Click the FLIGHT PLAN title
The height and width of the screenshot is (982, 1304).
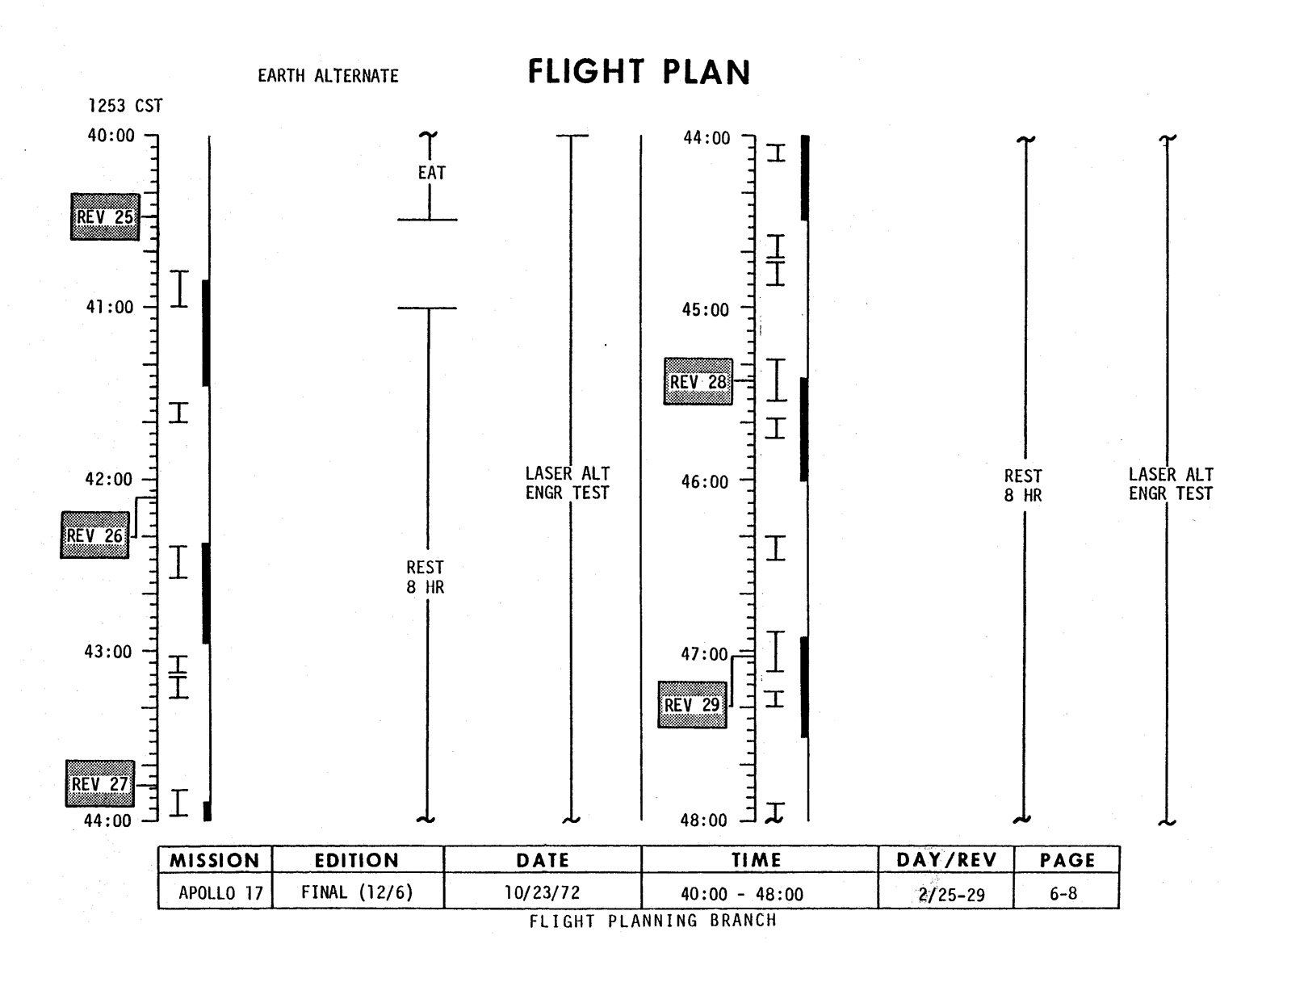pyautogui.click(x=639, y=73)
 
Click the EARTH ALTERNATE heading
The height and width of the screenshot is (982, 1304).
pyautogui.click(x=328, y=76)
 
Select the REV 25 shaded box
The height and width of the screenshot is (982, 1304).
pyautogui.click(x=105, y=217)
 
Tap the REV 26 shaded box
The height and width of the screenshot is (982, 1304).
pyautogui.click(x=94, y=535)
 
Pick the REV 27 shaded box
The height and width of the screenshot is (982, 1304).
pyautogui.click(x=100, y=783)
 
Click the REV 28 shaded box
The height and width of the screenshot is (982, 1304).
pyautogui.click(x=698, y=382)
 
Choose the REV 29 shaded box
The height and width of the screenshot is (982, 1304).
pyautogui.click(x=692, y=705)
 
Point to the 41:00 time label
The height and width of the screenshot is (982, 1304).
pyautogui.click(x=110, y=308)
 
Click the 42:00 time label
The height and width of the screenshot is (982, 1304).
pyautogui.click(x=109, y=480)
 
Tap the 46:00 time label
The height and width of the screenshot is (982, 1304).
pyautogui.click(x=705, y=482)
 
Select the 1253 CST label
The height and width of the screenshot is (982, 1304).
pyautogui.click(x=125, y=107)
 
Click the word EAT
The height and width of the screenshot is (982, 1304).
pyautogui.click(x=431, y=173)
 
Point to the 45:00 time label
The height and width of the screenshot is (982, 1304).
pyautogui.click(x=705, y=310)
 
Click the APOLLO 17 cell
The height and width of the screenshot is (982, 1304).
pyautogui.click(x=220, y=893)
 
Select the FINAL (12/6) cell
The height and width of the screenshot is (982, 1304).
pyautogui.click(x=357, y=892)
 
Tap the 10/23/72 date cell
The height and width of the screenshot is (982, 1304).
pyautogui.click(x=543, y=893)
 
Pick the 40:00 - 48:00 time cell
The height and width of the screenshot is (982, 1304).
pyautogui.click(x=742, y=894)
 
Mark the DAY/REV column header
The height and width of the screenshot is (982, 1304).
pyautogui.click(x=946, y=860)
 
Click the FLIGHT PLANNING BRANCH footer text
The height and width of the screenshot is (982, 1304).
pyautogui.click(x=652, y=921)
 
